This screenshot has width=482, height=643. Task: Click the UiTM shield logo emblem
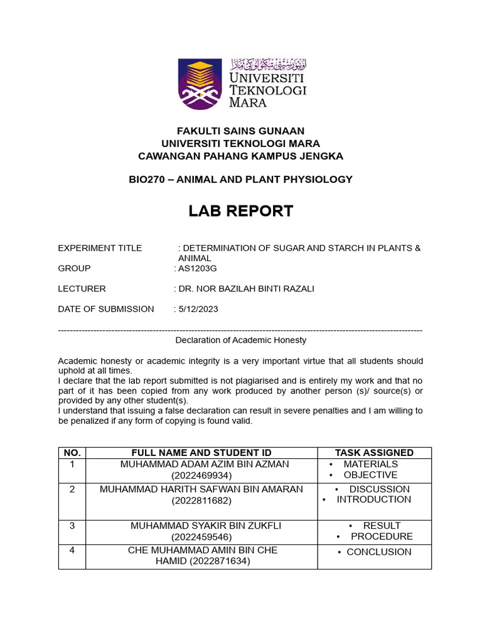pos(200,84)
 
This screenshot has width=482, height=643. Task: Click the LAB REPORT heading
pos(241,212)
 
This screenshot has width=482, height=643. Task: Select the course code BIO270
pos(146,180)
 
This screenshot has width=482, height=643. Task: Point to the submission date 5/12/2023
pos(198,309)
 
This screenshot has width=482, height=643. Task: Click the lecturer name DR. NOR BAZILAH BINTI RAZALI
pos(246,289)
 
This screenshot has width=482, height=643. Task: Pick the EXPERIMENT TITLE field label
pos(100,248)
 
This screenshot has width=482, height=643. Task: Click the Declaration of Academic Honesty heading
pos(241,340)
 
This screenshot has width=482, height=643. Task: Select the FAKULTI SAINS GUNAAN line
pos(241,131)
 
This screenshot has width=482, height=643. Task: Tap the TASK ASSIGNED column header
pos(374,453)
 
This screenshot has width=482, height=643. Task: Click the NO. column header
pos(72,453)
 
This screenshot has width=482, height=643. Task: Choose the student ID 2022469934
pos(201,476)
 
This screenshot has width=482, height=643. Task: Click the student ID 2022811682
pos(201,500)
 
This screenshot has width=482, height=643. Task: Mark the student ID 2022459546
pos(201,538)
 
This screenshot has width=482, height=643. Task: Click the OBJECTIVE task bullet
pos(370,475)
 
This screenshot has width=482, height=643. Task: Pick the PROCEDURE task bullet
pos(382,536)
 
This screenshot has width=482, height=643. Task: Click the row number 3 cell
pos(72,526)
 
